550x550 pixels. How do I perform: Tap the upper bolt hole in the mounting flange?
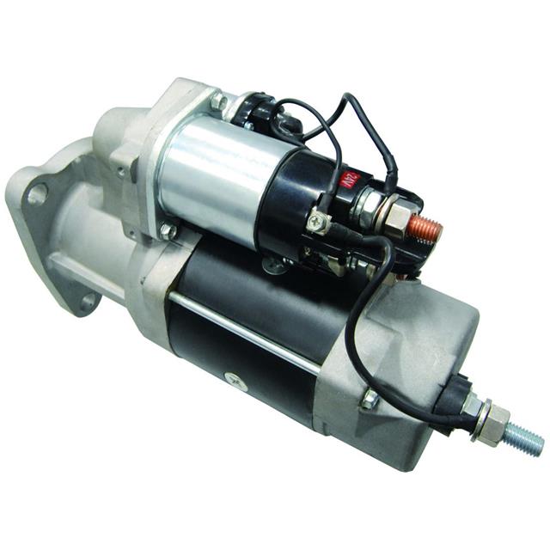[x=36, y=194]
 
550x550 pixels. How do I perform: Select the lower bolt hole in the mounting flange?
[x=88, y=301]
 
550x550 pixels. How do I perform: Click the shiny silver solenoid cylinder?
[x=215, y=176]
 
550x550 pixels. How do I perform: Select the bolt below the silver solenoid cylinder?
[x=168, y=231]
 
